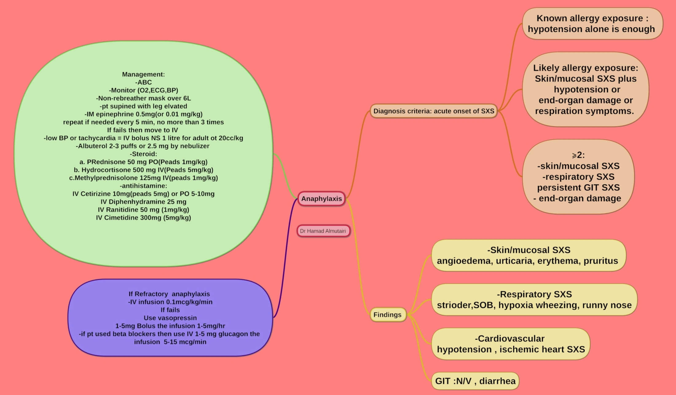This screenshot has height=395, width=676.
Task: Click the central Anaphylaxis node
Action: pyautogui.click(x=321, y=199)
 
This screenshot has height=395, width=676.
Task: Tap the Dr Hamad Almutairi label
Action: pyautogui.click(x=323, y=231)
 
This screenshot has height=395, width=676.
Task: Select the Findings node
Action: pyautogui.click(x=387, y=315)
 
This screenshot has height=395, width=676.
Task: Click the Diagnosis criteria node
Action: pyautogui.click(x=434, y=111)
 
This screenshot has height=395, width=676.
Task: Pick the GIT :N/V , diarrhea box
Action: pyautogui.click(x=475, y=381)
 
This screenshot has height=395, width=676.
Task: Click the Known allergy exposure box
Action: pyautogui.click(x=592, y=24)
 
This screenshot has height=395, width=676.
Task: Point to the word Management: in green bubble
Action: pyautogui.click(x=143, y=74)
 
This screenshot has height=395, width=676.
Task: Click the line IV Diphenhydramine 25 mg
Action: pyautogui.click(x=143, y=202)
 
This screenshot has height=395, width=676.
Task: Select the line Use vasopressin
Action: pyautogui.click(x=170, y=318)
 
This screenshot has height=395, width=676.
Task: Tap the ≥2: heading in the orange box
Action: pyautogui.click(x=578, y=155)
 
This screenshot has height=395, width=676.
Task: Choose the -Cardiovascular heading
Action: pyautogui.click(x=509, y=338)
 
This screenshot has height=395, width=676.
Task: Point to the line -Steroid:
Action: pyautogui.click(x=143, y=154)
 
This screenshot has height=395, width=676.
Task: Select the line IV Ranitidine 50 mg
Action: pyautogui.click(x=143, y=210)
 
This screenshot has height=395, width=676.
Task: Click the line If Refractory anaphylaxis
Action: pyautogui.click(x=169, y=294)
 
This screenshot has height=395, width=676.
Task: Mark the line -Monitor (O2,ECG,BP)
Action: pyautogui.click(x=143, y=90)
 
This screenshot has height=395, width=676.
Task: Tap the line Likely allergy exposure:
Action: pyautogui.click(x=585, y=68)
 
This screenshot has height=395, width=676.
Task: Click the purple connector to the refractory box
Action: pyautogui.click(x=285, y=261)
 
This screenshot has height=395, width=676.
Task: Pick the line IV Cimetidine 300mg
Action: pyautogui.click(x=143, y=218)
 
